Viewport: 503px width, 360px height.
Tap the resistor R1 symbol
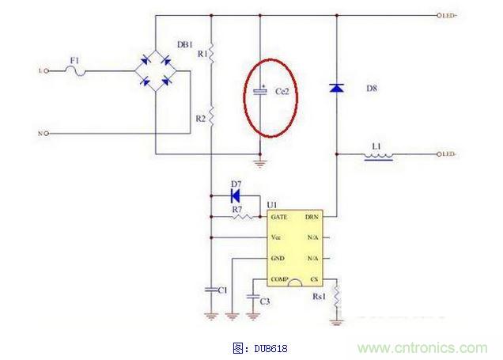[211, 54]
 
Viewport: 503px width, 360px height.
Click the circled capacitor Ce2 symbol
[261, 92]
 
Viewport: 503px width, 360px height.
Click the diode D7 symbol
[235, 192]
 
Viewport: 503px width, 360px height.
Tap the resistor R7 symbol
[243, 215]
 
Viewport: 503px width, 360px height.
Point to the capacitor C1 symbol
[211, 290]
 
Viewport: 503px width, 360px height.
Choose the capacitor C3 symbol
[252, 299]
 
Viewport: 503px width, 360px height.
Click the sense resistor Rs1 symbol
[337, 297]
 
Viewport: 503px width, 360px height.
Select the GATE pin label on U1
[278, 216]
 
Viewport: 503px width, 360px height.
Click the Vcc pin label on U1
[275, 237]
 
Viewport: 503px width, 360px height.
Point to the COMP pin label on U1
[278, 279]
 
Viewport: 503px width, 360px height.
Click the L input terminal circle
[47, 71]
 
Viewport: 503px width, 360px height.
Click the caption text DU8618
[261, 347]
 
